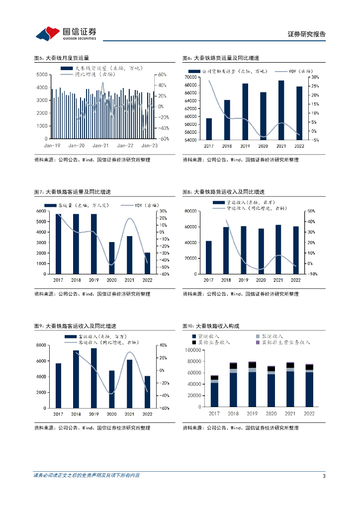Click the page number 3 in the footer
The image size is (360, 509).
[x=324, y=476]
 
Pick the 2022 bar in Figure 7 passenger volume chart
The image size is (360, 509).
[x=147, y=263]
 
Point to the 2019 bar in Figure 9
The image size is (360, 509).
[x=94, y=377]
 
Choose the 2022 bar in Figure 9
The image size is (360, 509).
[x=147, y=391]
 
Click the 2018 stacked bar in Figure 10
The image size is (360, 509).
[x=233, y=385]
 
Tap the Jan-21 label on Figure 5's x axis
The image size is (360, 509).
[x=100, y=146]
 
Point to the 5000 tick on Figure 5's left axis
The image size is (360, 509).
[x=42, y=75]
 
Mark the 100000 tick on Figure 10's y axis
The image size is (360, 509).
[x=191, y=350]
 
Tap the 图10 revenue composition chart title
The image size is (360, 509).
[x=211, y=326]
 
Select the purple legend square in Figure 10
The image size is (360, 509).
[x=258, y=342]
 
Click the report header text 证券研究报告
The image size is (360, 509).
[x=307, y=34]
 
